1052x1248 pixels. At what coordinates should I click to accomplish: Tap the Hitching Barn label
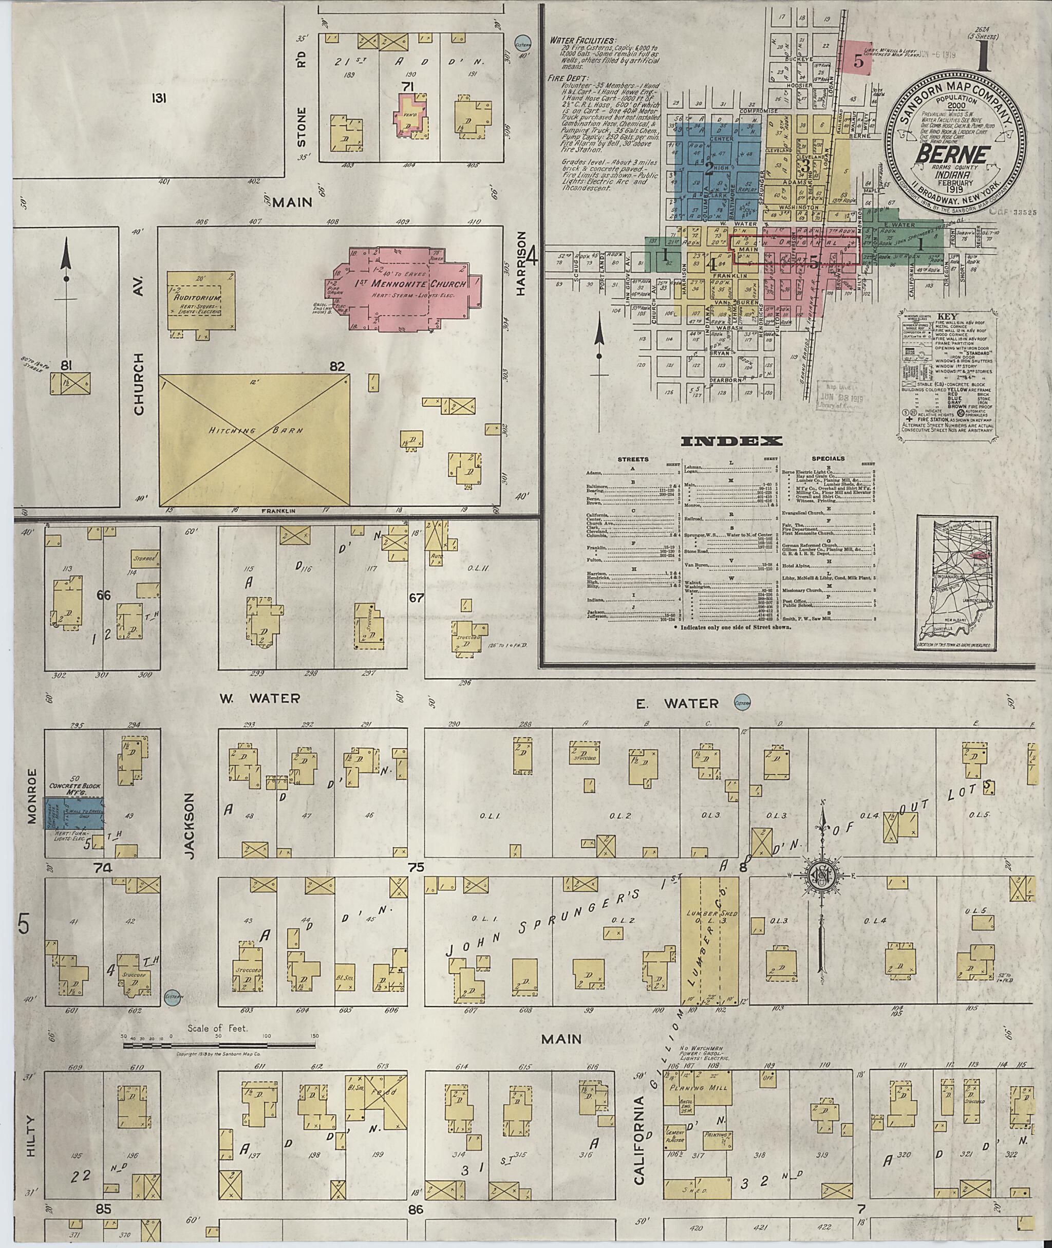pyautogui.click(x=253, y=430)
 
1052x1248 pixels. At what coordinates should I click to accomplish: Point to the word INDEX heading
pyautogui.click(x=731, y=441)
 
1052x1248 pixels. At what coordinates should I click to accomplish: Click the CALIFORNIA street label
pyautogui.click(x=640, y=1140)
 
